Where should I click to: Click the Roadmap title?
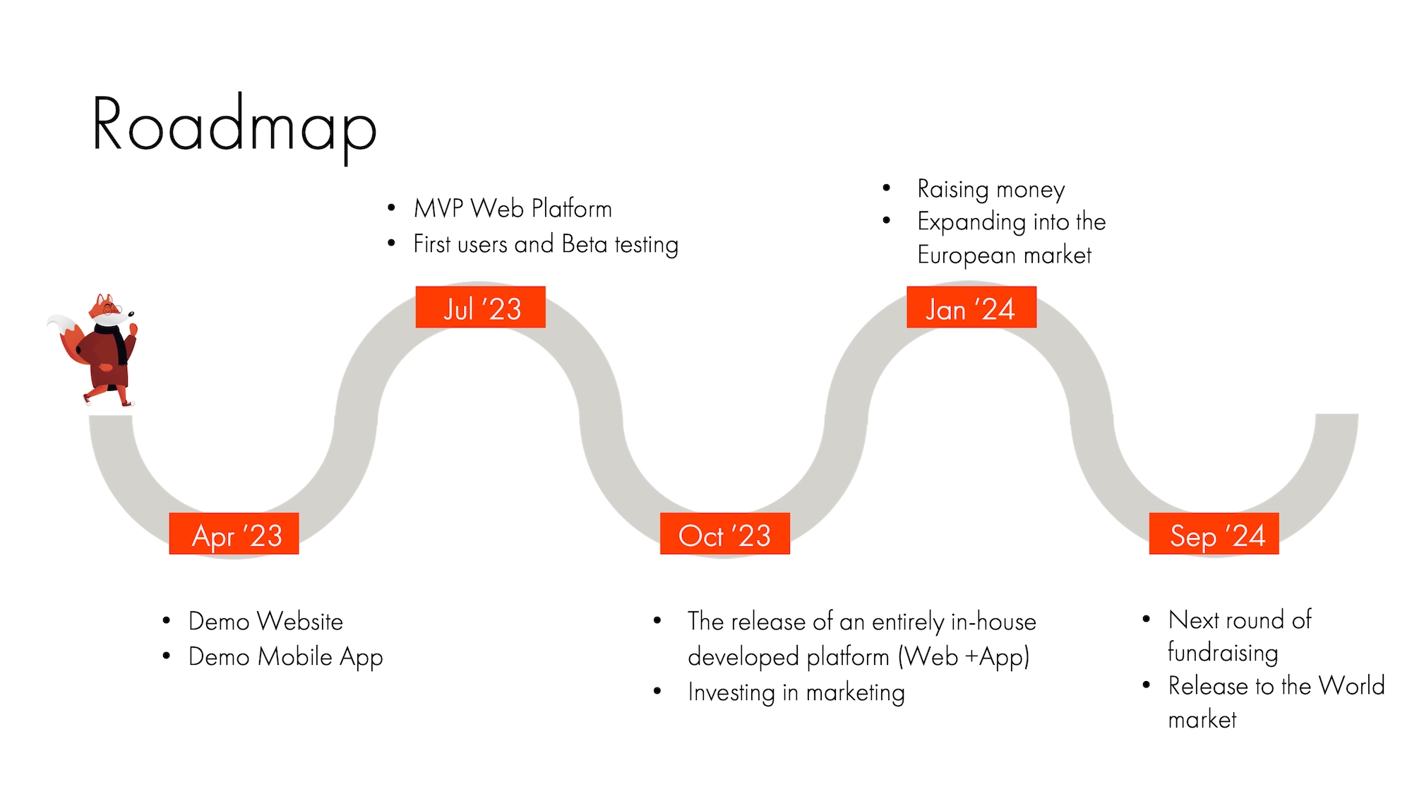[234, 125]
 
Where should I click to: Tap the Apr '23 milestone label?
[234, 534]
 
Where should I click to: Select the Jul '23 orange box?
[481, 308]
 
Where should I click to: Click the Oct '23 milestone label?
[724, 534]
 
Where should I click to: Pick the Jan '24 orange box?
[971, 308]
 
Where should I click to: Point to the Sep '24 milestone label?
[1214, 534]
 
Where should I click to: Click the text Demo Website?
[265, 622]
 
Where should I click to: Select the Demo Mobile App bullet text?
[285, 657]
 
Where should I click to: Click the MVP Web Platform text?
[513, 209]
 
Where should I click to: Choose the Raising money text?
[991, 189]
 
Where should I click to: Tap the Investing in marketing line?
[796, 692]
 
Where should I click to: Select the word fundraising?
[1223, 653]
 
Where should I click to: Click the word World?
[1351, 686]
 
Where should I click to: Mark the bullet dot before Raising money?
[887, 188]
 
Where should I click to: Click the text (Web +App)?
[964, 657]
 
